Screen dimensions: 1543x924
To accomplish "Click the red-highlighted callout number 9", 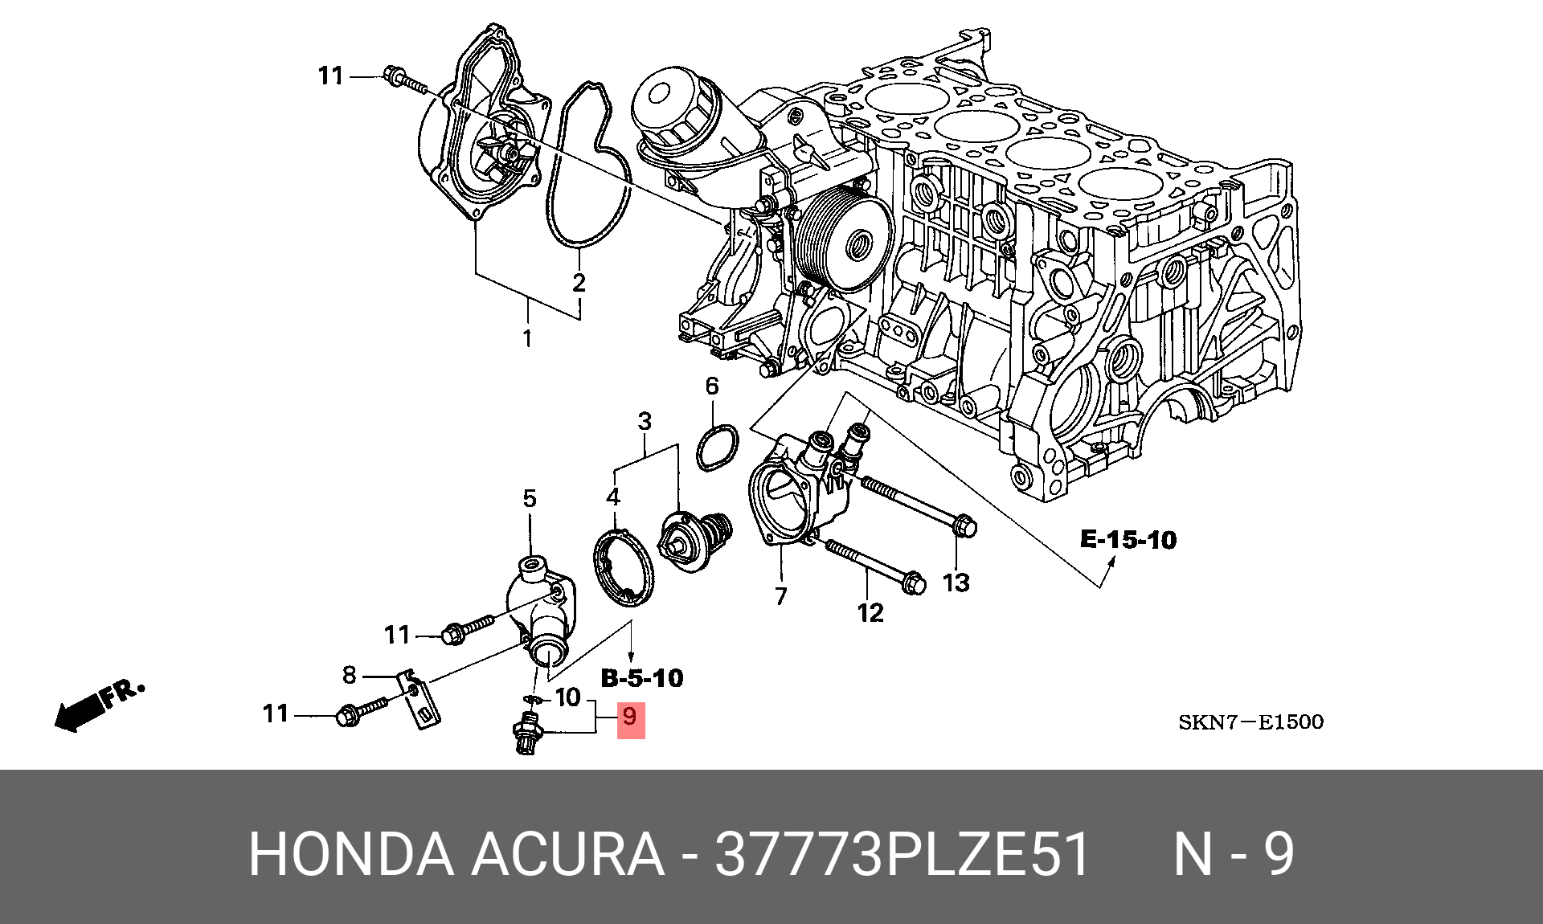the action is (630, 717).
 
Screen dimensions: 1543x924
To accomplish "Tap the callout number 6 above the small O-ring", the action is (712, 386).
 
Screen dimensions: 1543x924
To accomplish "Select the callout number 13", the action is (956, 582).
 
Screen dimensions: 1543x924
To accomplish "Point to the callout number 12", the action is (870, 613).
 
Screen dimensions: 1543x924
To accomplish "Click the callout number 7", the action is (780, 595).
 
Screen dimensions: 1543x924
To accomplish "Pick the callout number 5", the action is (529, 498).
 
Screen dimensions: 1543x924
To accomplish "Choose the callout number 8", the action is (349, 675).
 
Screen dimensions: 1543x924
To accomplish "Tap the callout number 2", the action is (579, 282).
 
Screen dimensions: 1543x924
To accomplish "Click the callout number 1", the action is (527, 339).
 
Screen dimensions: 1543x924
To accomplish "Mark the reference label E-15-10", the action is (1128, 540).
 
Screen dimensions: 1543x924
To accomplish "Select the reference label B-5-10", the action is (642, 678).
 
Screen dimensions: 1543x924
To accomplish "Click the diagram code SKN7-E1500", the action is (1250, 722).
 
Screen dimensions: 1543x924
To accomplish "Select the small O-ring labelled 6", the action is (716, 447).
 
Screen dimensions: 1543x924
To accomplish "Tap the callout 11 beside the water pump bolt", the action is (331, 76).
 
